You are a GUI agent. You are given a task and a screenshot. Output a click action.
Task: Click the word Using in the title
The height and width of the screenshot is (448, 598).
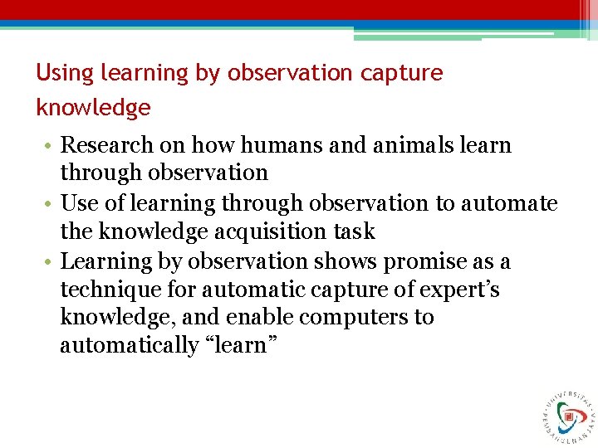pyautogui.click(x=65, y=73)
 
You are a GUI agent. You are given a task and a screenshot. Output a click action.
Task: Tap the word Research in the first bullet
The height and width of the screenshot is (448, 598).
pyautogui.click(x=108, y=145)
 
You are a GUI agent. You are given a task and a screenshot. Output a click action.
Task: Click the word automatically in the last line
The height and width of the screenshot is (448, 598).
pyautogui.click(x=129, y=346)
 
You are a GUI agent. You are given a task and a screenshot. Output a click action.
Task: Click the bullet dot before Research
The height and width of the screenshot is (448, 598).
pyautogui.click(x=50, y=147)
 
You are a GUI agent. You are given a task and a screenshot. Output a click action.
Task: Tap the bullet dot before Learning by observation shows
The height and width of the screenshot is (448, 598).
pyautogui.click(x=50, y=263)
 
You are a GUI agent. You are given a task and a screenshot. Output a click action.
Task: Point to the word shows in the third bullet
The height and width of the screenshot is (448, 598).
pyautogui.click(x=342, y=261)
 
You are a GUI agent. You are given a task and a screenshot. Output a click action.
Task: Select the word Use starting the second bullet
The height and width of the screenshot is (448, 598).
pyautogui.click(x=80, y=203)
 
